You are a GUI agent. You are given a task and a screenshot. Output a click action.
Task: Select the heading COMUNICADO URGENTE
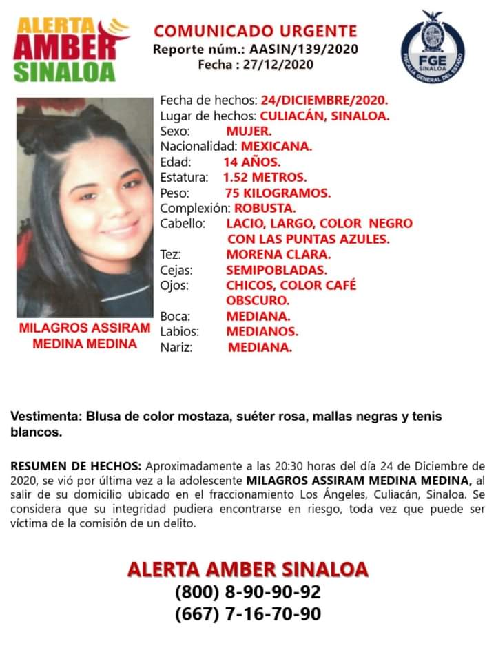coord(255,31)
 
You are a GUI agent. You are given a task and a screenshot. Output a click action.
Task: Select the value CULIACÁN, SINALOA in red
coord(315,116)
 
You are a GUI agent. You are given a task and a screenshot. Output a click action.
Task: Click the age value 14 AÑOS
coord(251,162)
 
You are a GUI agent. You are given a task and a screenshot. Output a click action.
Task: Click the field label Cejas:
coord(176,270)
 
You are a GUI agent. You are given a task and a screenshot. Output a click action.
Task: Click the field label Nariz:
coord(176,348)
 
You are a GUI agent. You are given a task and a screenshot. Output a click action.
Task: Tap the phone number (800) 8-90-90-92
coord(247,591)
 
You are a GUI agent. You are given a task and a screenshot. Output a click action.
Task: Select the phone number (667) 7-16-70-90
coord(247,613)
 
